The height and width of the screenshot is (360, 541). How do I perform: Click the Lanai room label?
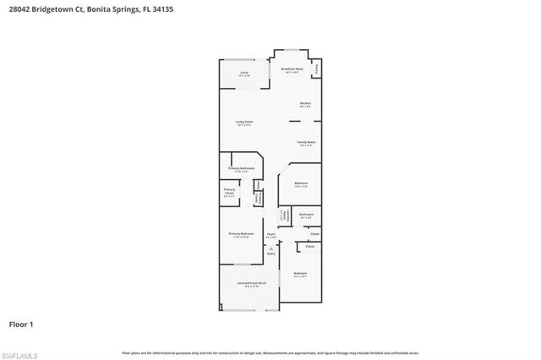[244, 74]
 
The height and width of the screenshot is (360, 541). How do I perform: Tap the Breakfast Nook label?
[292, 69]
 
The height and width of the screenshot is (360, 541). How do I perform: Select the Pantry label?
[317, 68]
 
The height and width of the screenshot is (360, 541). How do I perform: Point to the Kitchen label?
[305, 104]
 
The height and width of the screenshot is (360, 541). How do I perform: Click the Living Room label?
[244, 123]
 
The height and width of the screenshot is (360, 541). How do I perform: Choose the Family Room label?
[306, 142]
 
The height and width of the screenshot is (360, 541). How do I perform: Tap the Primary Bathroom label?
[241, 169]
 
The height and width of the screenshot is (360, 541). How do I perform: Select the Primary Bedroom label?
[241, 234]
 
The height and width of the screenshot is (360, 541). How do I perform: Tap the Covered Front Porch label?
[251, 283]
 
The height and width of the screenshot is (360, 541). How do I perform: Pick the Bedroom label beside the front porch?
[300, 274]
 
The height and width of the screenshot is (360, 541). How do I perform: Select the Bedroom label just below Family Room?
[301, 183]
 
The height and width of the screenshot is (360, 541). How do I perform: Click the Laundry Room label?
[284, 216]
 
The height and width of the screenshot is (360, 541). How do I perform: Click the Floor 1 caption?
[21, 324]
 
